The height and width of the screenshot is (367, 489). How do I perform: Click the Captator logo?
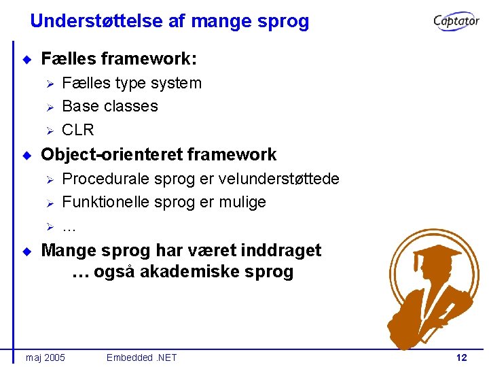click(456, 21)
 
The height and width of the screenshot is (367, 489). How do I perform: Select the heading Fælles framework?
click(119, 60)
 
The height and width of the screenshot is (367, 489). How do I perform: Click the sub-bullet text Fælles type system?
click(132, 84)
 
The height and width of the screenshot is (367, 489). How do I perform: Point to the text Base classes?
click(110, 107)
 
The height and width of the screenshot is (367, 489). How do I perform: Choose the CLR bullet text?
click(77, 130)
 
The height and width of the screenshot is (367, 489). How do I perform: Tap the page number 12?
click(462, 357)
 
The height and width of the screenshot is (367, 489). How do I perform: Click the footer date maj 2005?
click(45, 357)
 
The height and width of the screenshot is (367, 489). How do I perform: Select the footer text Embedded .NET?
click(141, 357)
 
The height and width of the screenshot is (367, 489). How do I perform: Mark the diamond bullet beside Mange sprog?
click(26, 251)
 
